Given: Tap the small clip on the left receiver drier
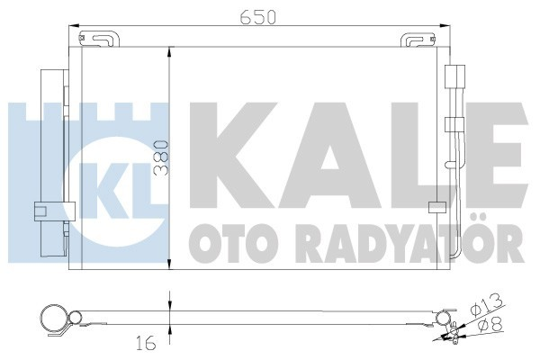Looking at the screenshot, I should click(40, 211).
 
